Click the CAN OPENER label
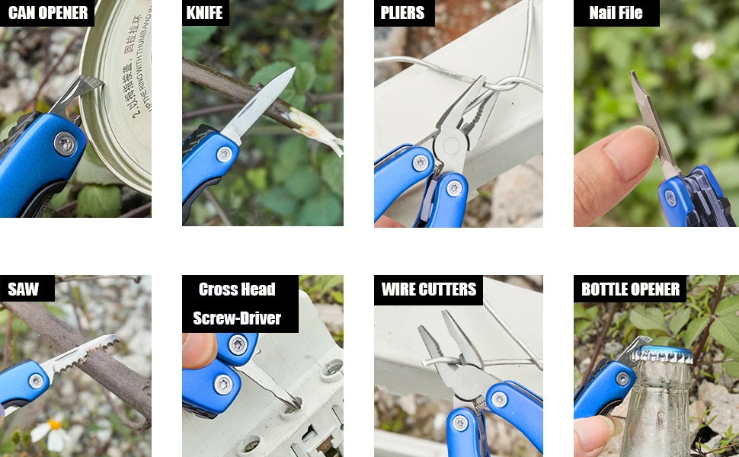[x=47, y=13]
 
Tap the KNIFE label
[x=205, y=13]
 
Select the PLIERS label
[x=403, y=13]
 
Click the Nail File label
[x=616, y=13]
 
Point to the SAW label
[x=24, y=289]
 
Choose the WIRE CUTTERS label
[x=428, y=289]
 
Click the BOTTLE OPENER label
[x=630, y=289]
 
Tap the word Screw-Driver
[x=237, y=318]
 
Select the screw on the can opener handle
[x=65, y=143]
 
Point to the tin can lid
[x=122, y=91]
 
